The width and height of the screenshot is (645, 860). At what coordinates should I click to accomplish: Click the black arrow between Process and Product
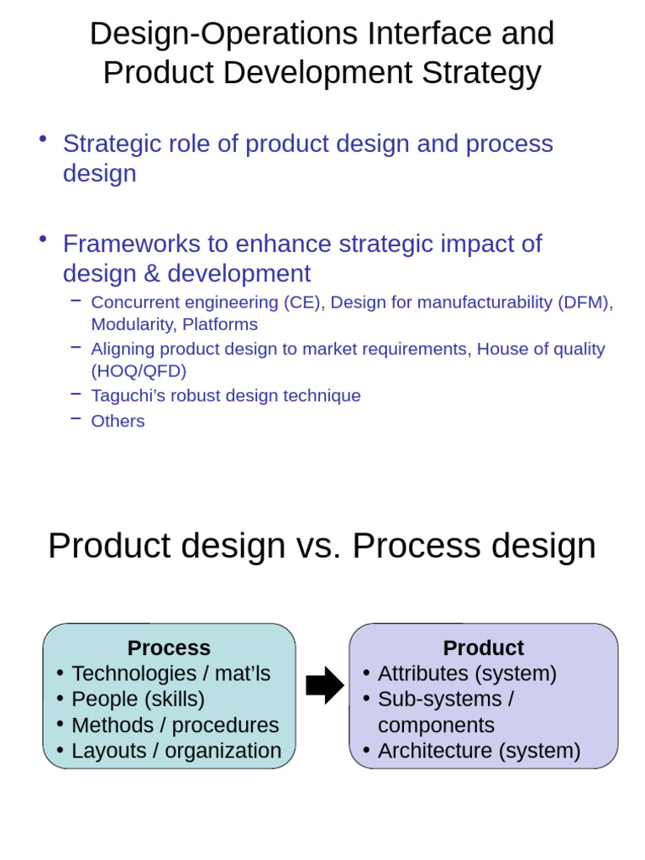coord(324,685)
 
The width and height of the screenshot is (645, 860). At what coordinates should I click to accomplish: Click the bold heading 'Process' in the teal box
coord(169,648)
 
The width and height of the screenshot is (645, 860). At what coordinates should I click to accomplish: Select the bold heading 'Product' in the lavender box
coord(483,648)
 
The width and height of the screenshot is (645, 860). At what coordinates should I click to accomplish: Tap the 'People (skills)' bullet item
coord(138,700)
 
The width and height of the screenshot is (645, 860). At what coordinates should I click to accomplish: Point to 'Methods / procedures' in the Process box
coord(175,726)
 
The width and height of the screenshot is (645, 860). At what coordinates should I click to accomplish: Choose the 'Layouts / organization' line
coord(176,751)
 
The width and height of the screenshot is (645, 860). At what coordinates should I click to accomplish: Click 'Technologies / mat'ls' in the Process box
coord(170,674)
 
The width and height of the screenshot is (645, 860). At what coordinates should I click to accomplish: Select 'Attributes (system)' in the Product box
coord(467,674)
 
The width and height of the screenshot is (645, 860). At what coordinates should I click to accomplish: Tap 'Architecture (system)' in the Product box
coord(479,751)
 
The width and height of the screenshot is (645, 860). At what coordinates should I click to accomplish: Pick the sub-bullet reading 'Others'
coord(118,422)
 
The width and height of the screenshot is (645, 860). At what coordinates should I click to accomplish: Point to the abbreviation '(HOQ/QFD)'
coord(139,371)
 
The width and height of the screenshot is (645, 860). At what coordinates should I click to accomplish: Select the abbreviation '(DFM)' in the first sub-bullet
coord(585,302)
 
